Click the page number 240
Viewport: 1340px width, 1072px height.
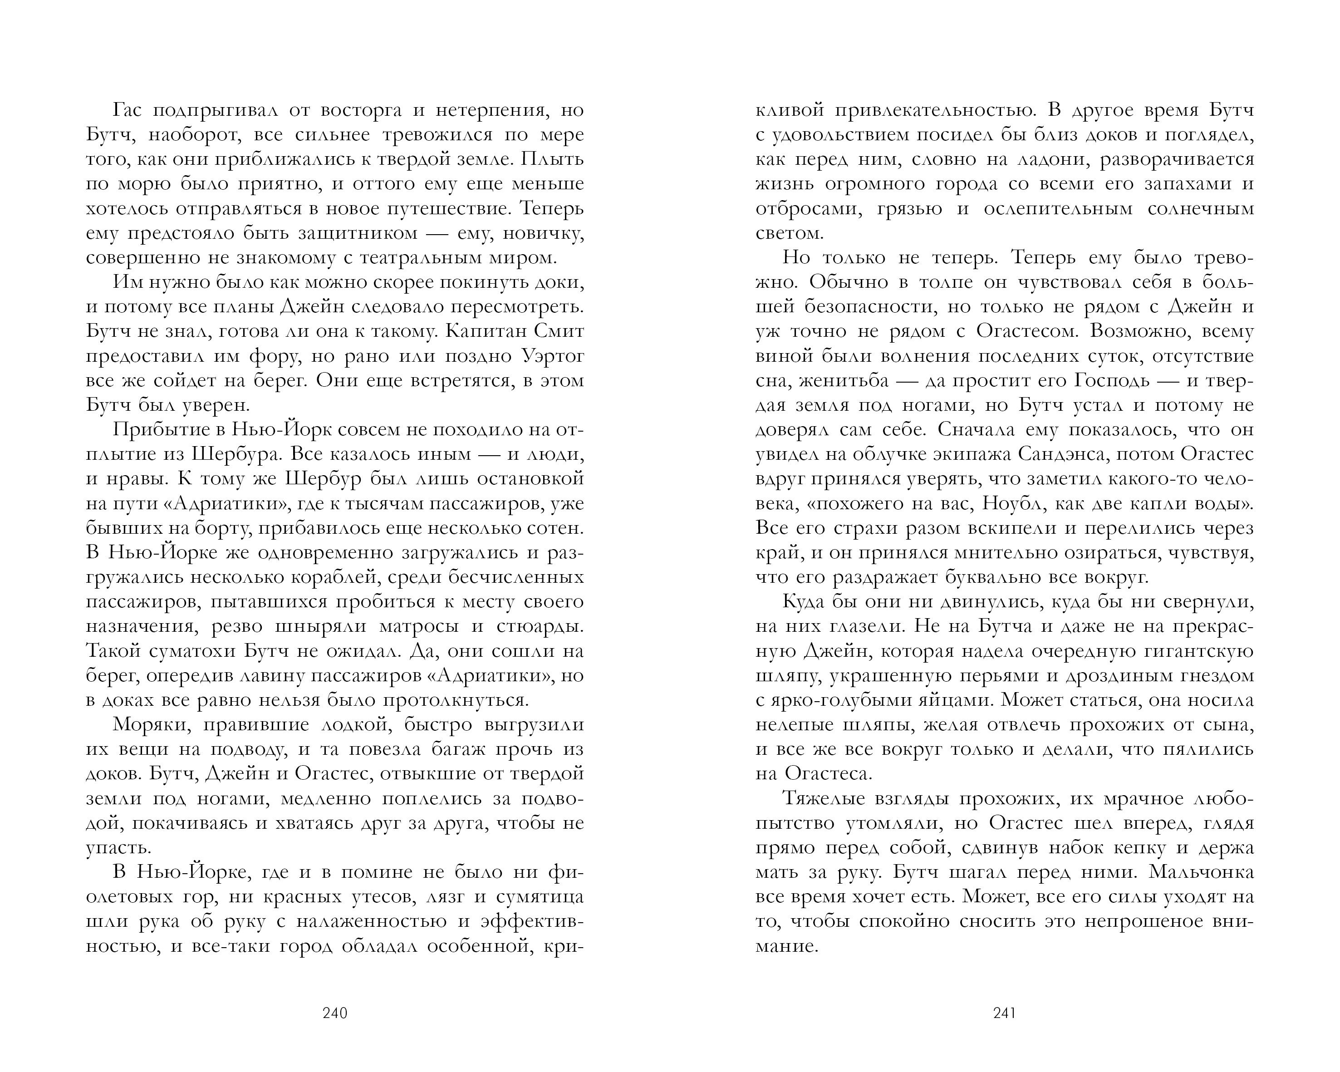(335, 1013)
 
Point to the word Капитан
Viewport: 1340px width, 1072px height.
(484, 331)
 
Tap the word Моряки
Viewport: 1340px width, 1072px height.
(152, 725)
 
